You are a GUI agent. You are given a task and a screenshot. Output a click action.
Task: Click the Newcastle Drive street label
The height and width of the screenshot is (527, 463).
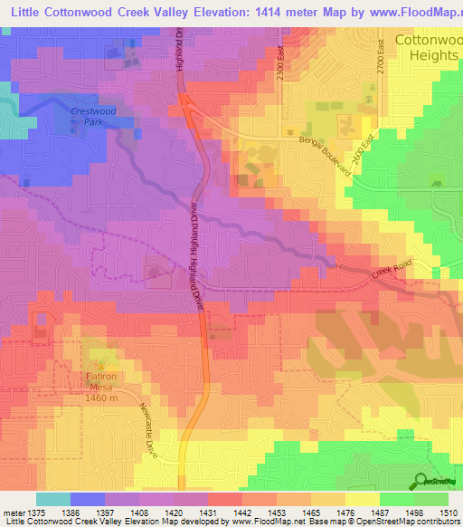[145, 431]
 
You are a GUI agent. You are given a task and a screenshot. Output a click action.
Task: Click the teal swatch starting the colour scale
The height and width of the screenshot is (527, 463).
[52, 499]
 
